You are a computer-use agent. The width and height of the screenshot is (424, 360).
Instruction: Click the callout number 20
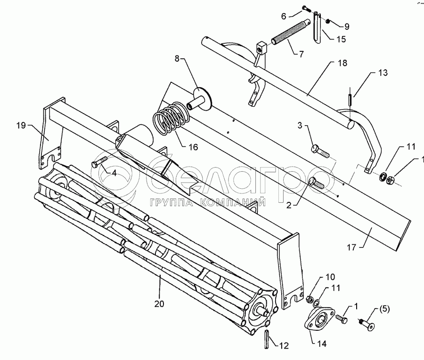(x=159, y=304)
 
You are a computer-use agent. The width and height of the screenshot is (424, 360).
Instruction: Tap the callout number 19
(x=21, y=126)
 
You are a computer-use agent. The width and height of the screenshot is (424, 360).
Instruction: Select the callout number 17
(x=351, y=247)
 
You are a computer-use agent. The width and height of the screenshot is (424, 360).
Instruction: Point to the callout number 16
(x=193, y=147)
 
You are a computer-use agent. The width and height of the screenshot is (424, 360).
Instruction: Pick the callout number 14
(x=322, y=344)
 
